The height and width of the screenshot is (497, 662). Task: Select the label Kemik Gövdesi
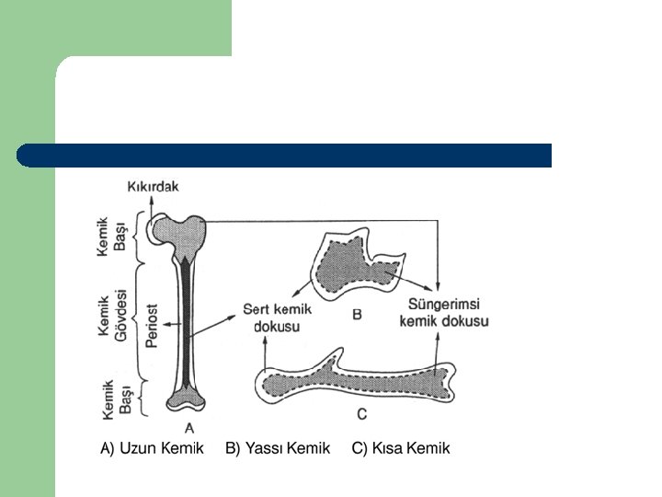112,313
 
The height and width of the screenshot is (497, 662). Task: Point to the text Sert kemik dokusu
277,318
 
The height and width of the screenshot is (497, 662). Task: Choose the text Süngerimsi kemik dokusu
444,312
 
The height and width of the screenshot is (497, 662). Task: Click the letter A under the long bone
189,426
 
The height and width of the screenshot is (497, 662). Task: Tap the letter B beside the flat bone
357,315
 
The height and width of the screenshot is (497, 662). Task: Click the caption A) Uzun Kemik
152,448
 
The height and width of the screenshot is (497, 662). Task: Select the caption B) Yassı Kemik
277,448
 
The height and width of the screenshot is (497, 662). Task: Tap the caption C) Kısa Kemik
401,448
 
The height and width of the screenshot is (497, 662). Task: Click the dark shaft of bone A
188,322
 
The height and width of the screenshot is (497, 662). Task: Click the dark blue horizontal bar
285,155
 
